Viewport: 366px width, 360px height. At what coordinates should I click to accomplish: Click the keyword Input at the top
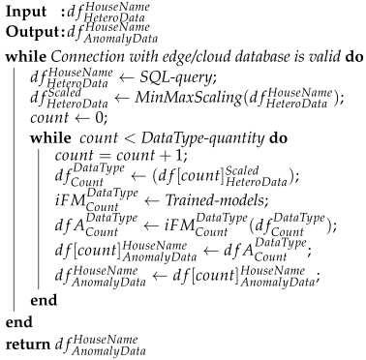click(x=22, y=13)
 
